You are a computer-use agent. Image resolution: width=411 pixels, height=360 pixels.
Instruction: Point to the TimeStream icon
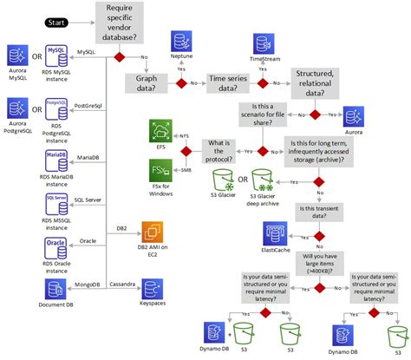coord(264,43)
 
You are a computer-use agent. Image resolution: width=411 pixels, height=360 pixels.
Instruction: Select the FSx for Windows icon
coord(160,170)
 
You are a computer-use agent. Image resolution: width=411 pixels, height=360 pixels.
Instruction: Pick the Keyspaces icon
coord(153,289)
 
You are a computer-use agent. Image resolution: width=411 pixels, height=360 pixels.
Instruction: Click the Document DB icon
coord(56,289)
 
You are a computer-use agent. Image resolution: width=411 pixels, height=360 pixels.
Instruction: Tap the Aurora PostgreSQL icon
coord(16,108)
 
